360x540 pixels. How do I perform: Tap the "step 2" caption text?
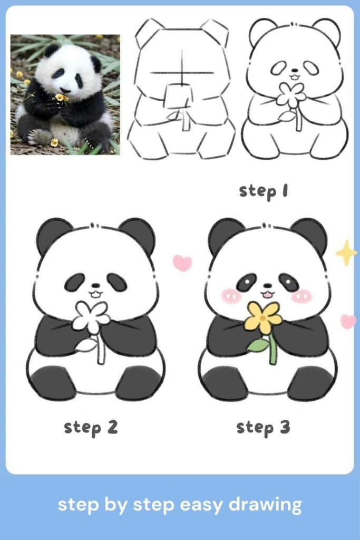pos(91,427)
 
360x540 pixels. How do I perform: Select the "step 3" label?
pos(263,427)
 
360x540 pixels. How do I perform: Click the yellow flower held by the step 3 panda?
pos(263,316)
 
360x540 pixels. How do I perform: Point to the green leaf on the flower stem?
pos(258,345)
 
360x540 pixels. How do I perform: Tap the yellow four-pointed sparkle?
pos(346,253)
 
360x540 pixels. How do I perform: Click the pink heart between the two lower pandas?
pos(182,263)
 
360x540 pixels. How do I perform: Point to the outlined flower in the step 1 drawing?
pos(290,95)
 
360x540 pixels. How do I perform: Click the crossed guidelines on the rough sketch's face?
pos(182,72)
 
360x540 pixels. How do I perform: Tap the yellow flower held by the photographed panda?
pos(60,98)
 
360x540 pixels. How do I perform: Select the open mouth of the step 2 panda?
pos(95,294)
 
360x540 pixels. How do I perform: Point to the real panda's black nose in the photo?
pos(63,90)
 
